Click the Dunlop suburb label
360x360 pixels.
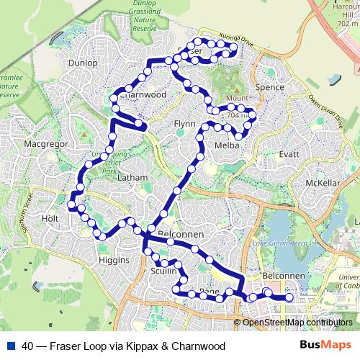(83, 63)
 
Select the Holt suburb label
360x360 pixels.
(50, 217)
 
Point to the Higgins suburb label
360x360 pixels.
(113, 260)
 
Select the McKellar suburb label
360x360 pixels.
(322, 183)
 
